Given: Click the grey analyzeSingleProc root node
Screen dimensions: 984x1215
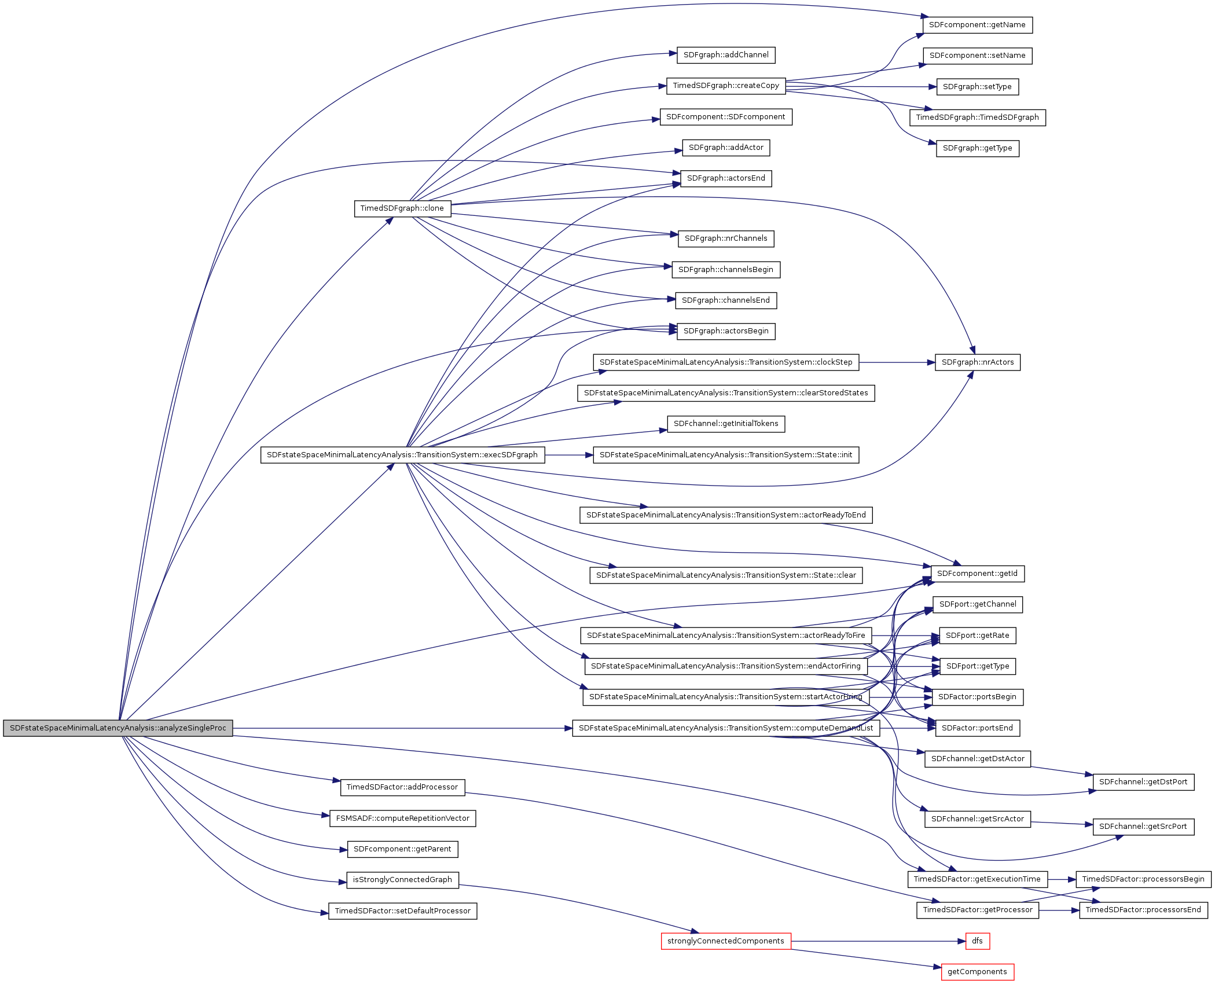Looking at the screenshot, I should tap(118, 728).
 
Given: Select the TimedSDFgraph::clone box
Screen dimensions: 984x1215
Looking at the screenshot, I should tap(402, 208).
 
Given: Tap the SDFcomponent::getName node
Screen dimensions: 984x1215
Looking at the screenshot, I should tap(977, 25).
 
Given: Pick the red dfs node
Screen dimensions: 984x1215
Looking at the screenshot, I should tap(977, 941).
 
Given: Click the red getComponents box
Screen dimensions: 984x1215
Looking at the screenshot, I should tap(977, 972).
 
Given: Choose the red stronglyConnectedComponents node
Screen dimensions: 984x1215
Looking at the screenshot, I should tap(726, 941).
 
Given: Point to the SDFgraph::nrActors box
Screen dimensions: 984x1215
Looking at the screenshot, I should tap(978, 362).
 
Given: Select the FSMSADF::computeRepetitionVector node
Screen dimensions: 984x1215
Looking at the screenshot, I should tap(403, 818).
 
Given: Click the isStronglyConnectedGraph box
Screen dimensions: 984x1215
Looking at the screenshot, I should tap(402, 880).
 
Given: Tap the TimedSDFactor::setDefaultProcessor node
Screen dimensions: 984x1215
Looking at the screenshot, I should tap(403, 911).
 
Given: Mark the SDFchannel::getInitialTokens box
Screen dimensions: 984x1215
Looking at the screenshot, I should tap(726, 424).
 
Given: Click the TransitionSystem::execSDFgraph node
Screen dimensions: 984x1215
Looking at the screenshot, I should tap(402, 455).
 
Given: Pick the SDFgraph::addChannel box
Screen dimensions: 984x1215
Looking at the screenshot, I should tap(726, 55).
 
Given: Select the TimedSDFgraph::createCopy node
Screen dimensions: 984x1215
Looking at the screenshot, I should tap(726, 86).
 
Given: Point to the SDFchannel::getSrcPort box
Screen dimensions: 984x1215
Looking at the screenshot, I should tap(1143, 827).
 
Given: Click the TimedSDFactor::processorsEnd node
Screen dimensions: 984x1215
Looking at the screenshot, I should tap(1143, 910).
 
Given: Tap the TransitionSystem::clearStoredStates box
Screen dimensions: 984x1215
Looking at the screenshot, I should tap(726, 393).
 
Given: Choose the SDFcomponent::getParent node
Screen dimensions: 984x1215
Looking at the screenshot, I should tap(402, 849).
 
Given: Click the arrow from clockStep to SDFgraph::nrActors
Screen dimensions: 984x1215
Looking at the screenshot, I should tap(897, 362).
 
